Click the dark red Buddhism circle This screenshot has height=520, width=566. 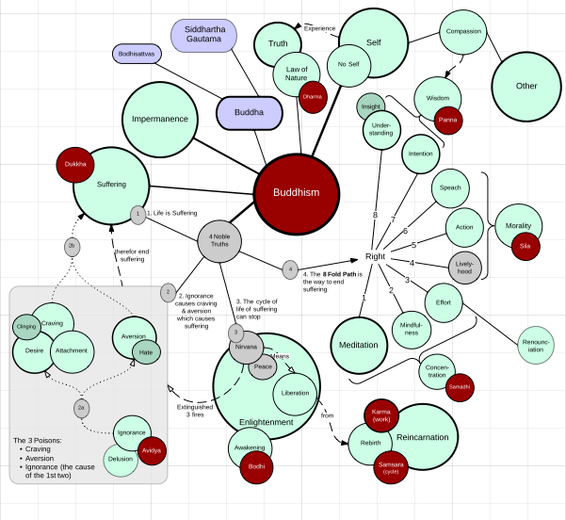point(297,192)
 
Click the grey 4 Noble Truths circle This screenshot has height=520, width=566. point(219,241)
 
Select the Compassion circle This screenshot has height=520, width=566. point(463,32)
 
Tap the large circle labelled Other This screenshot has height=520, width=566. point(526,86)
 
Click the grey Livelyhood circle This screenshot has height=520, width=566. point(466,267)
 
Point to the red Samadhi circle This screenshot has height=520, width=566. point(459,387)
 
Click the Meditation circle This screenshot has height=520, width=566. point(358,345)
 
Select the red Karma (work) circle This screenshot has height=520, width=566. point(381,415)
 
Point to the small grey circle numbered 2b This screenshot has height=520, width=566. point(72,246)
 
